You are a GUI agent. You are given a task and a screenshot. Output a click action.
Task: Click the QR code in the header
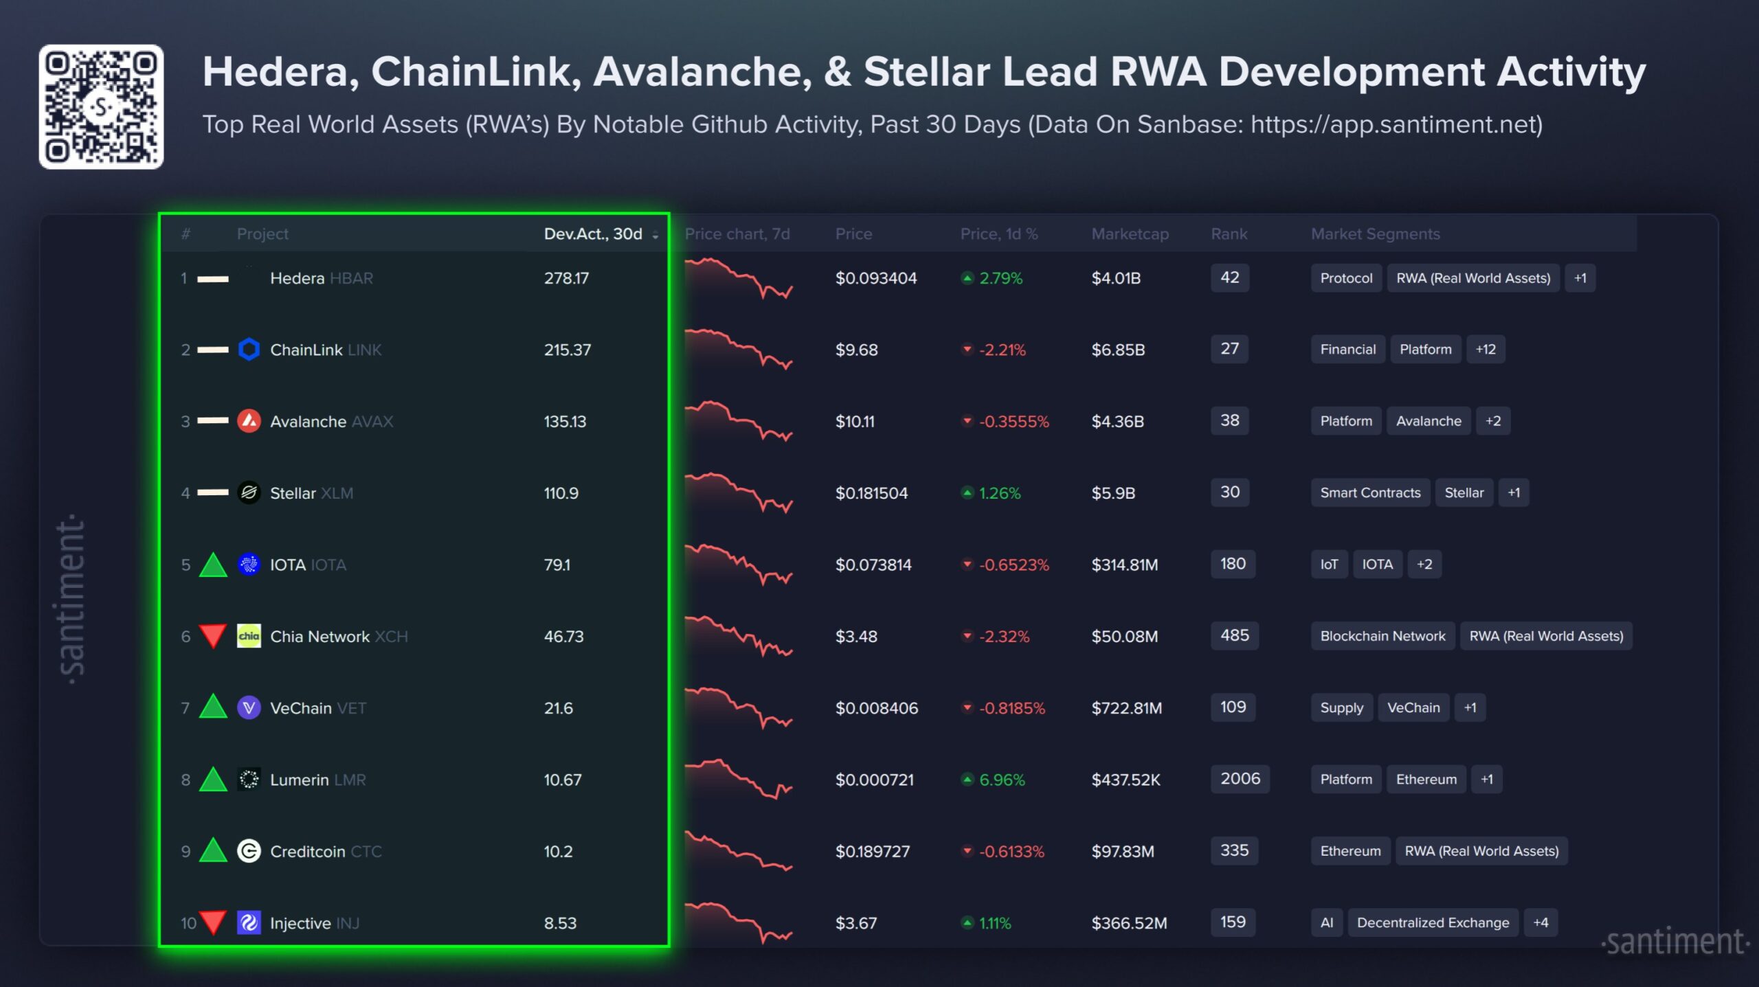pos(101,106)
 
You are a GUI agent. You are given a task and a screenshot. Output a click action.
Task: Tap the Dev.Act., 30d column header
pos(594,234)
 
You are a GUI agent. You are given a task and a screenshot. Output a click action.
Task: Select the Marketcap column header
pos(1130,234)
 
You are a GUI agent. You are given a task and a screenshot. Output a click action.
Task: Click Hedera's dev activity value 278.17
pos(566,278)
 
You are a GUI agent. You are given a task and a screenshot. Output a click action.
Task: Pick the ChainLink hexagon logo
pos(249,350)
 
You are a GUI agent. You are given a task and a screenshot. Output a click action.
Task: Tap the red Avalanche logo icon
pos(249,421)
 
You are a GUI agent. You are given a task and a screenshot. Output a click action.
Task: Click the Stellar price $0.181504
pos(871,493)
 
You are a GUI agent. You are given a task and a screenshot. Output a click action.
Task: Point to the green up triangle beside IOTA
pos(213,565)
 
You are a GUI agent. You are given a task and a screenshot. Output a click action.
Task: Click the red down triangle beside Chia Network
pos(213,635)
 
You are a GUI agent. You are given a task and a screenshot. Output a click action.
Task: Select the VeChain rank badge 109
pos(1233,707)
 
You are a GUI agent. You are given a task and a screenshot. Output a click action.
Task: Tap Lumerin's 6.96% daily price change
pos(1001,780)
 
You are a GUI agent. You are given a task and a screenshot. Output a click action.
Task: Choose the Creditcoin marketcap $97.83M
pos(1123,852)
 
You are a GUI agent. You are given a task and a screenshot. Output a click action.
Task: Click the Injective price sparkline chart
pos(739,922)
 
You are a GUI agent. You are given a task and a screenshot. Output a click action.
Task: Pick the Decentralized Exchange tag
pos(1433,922)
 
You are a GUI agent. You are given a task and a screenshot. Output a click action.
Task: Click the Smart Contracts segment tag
pos(1370,492)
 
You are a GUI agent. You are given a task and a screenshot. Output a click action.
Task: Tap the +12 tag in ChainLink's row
pos(1486,350)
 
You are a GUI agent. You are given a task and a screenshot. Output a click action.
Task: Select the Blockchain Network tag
pos(1382,636)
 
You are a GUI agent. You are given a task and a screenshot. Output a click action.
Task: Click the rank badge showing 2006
pos(1240,779)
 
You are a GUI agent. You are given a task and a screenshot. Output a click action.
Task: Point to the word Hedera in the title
pos(280,72)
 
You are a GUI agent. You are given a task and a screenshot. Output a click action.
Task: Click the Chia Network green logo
pos(249,636)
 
